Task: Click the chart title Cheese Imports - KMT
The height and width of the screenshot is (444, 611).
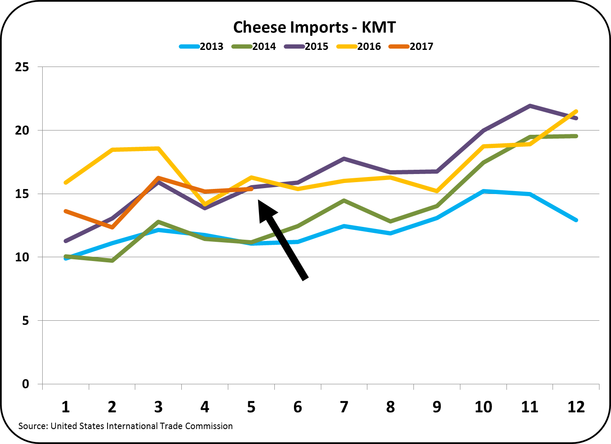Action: coord(314,27)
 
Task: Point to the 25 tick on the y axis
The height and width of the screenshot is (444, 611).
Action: coord(22,67)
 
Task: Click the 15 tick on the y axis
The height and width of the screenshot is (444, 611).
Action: coord(22,194)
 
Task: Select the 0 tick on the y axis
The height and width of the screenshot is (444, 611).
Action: coord(25,384)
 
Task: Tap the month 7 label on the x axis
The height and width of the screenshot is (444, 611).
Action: coord(344,407)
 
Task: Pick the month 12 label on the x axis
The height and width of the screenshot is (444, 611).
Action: coord(576,407)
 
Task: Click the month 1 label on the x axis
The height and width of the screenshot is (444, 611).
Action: coord(65,407)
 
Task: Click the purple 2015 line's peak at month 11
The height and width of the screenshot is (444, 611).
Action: coord(530,106)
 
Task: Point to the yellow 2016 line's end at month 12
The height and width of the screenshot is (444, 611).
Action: coord(576,111)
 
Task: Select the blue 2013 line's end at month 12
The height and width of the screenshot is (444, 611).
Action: coord(576,220)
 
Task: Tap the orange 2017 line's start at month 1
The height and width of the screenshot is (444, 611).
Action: coord(66,211)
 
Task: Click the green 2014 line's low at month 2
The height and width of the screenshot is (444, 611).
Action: coord(112,260)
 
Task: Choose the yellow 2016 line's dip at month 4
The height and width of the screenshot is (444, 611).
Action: coord(205,204)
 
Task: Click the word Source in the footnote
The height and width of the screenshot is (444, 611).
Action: coord(32,426)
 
